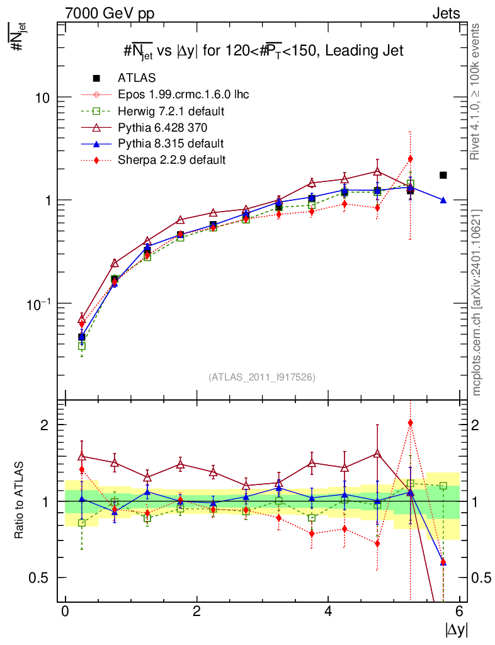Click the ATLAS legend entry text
137,78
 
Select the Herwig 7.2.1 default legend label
171,111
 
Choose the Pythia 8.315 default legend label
171,144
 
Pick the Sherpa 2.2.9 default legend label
171,160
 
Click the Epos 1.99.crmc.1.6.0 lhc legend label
183,94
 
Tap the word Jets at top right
446,13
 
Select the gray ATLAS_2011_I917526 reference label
262,377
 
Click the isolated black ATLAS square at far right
443,175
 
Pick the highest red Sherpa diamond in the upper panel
411,159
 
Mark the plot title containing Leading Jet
263,51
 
